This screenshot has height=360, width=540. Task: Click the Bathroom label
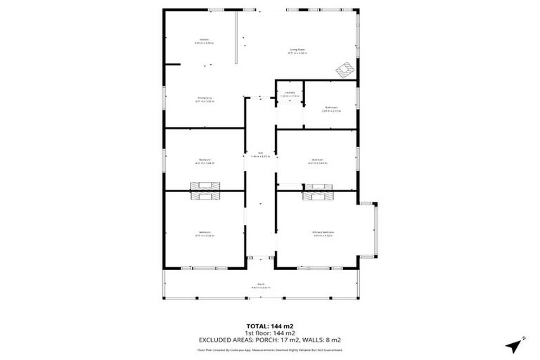point(330,109)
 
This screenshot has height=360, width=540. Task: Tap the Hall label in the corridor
point(260,155)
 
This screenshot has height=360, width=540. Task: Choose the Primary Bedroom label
point(323,233)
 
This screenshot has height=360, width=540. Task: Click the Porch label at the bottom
point(260,286)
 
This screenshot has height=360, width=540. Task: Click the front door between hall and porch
point(260,259)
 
